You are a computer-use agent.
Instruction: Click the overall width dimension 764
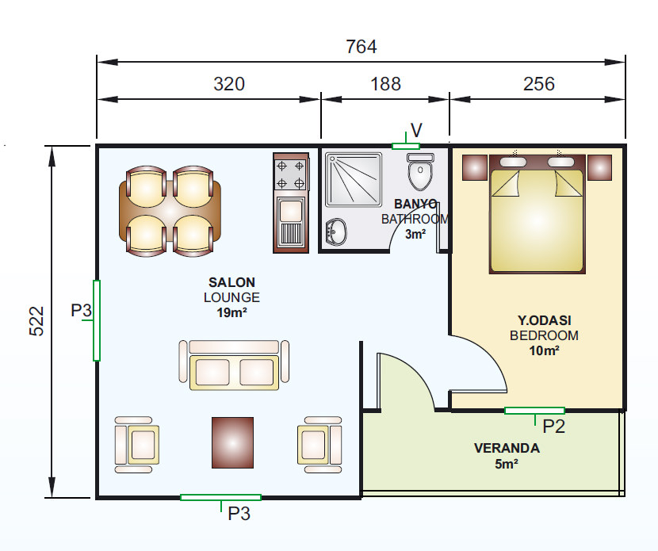tap(362, 47)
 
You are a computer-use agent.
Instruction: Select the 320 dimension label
tap(229, 84)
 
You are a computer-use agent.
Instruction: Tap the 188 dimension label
tap(385, 84)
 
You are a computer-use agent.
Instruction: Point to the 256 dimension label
tap(539, 84)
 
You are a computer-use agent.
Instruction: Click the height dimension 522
tap(36, 321)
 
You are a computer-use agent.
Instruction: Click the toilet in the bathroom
tap(420, 171)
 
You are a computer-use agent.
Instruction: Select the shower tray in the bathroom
tap(354, 180)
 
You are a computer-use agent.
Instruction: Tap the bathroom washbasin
tap(336, 231)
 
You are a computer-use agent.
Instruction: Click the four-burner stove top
tap(290, 174)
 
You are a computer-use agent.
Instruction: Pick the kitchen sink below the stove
tap(291, 223)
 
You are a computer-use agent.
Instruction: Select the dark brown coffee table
tap(232, 442)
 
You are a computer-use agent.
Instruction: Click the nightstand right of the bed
tap(599, 167)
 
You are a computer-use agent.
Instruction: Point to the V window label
tap(416, 131)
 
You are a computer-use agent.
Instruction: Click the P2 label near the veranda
tap(554, 427)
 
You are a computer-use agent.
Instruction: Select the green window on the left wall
tap(97, 320)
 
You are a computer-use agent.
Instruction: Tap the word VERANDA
tap(507, 448)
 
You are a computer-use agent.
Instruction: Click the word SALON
tap(231, 282)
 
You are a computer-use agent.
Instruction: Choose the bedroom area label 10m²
tap(544, 351)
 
